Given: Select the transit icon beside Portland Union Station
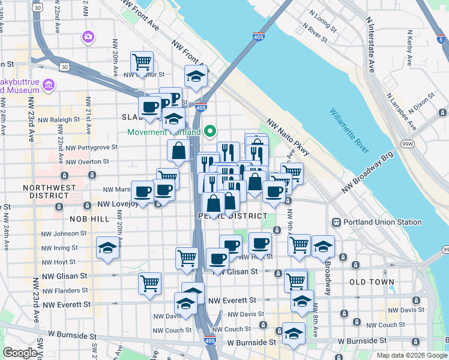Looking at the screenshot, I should [x=337, y=222].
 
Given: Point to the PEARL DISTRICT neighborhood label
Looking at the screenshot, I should [x=232, y=216].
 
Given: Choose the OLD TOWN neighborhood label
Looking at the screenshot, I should [x=372, y=281].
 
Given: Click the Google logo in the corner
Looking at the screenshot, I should [x=20, y=353].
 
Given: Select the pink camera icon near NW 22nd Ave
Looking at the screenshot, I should [x=89, y=37].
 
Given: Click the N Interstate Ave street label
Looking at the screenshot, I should [x=370, y=44].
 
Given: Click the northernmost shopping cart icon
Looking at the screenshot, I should [x=142, y=61].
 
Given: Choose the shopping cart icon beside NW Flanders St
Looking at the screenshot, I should [x=149, y=282].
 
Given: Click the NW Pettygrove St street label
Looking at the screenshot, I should [x=87, y=147].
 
